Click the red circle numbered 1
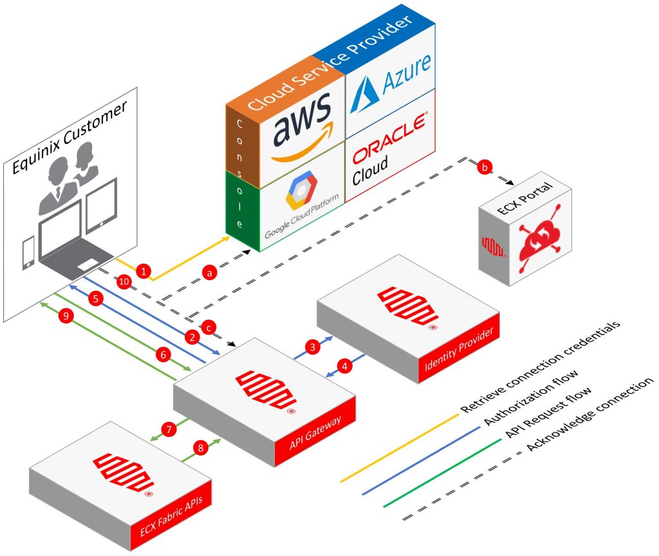point(145,272)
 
